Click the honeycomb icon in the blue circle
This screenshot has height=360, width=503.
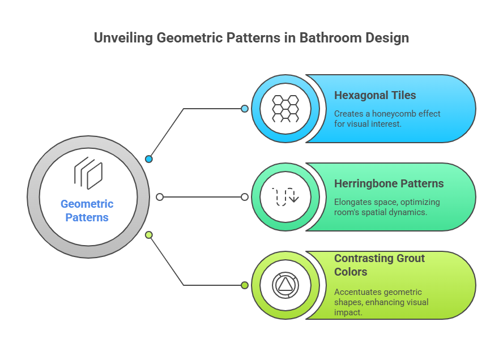285,109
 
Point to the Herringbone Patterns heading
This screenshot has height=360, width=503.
389,184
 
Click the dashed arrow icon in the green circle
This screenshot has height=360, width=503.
285,197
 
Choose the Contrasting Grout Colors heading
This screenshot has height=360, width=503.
379,265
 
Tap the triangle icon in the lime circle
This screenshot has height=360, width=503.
285,285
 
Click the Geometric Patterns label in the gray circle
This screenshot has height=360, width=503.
87,211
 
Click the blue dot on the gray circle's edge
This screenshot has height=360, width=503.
149,159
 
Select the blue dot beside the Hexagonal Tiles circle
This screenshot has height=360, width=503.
245,108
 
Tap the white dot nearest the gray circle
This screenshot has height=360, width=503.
160,197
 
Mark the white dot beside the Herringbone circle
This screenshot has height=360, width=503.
245,197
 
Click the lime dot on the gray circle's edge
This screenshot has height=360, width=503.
149,235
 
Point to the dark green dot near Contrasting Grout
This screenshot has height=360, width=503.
245,285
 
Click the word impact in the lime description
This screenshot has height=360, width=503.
347,312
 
